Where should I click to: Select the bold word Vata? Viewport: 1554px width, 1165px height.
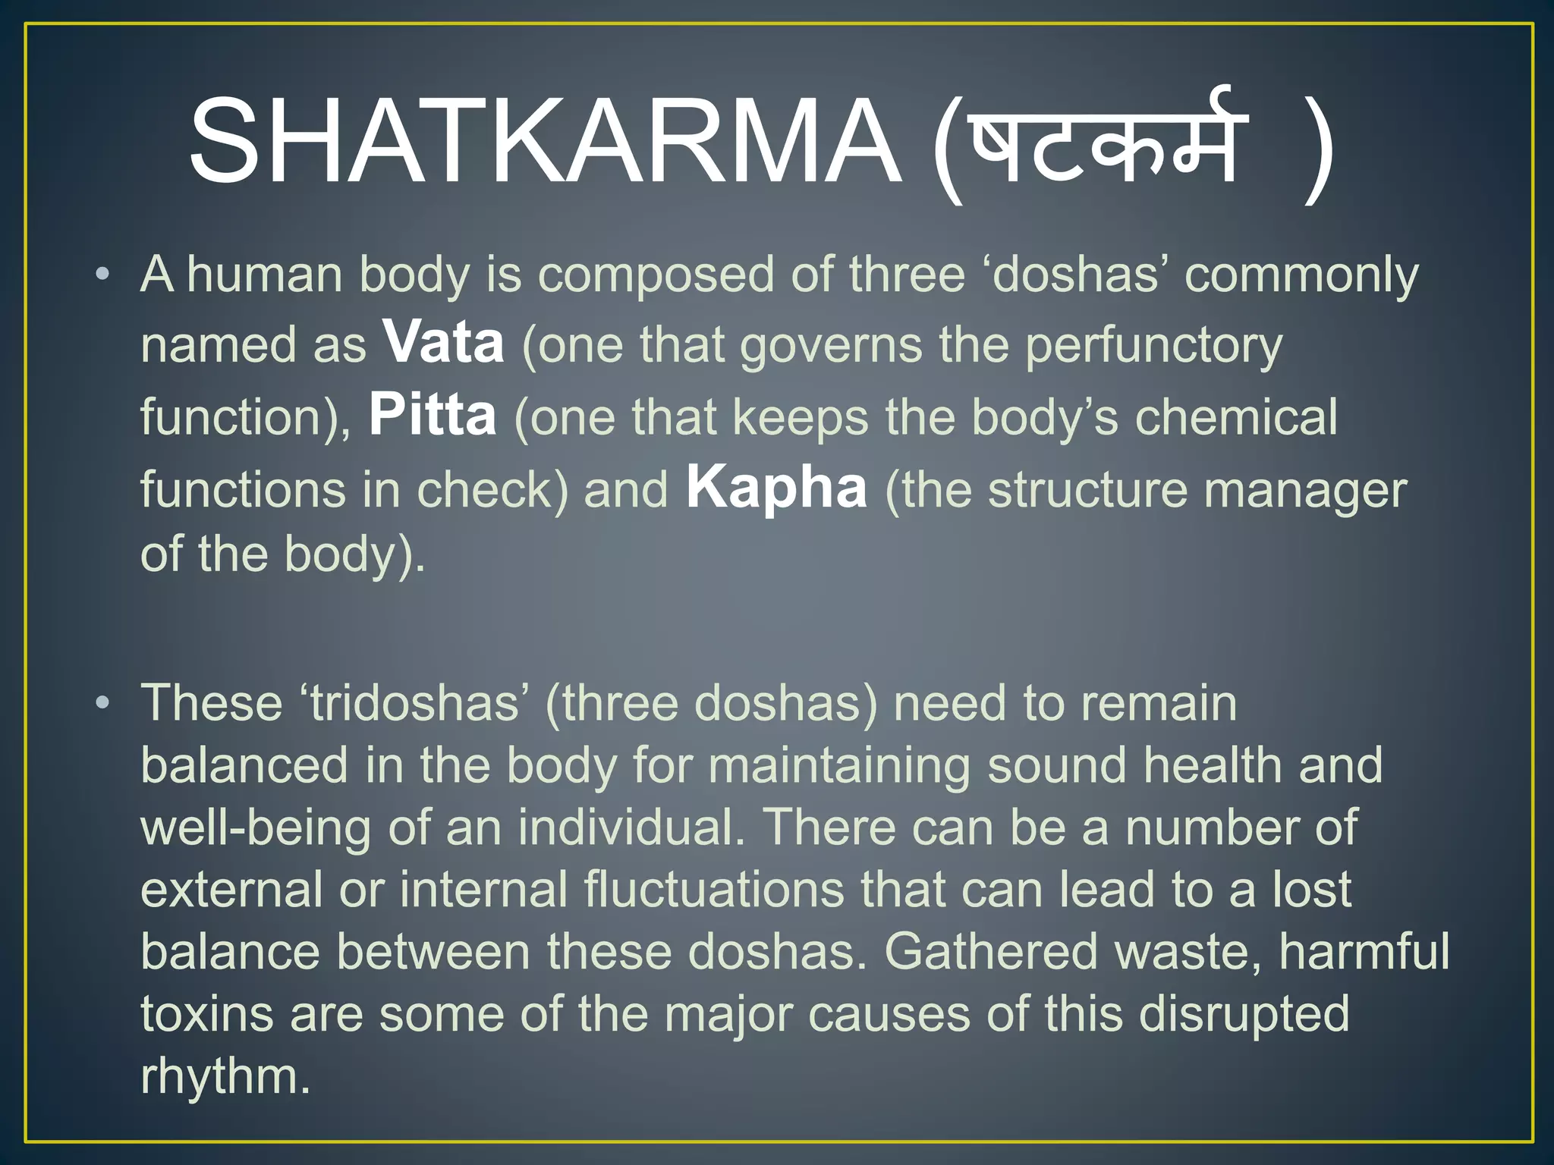[443, 343]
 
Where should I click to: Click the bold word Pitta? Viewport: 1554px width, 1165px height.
[433, 416]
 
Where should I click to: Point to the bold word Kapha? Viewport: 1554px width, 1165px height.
[776, 488]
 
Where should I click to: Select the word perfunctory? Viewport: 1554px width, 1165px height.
[1153, 346]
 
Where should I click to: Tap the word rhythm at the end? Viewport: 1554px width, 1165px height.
[225, 1076]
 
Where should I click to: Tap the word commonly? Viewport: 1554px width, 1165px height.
[1301, 275]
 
